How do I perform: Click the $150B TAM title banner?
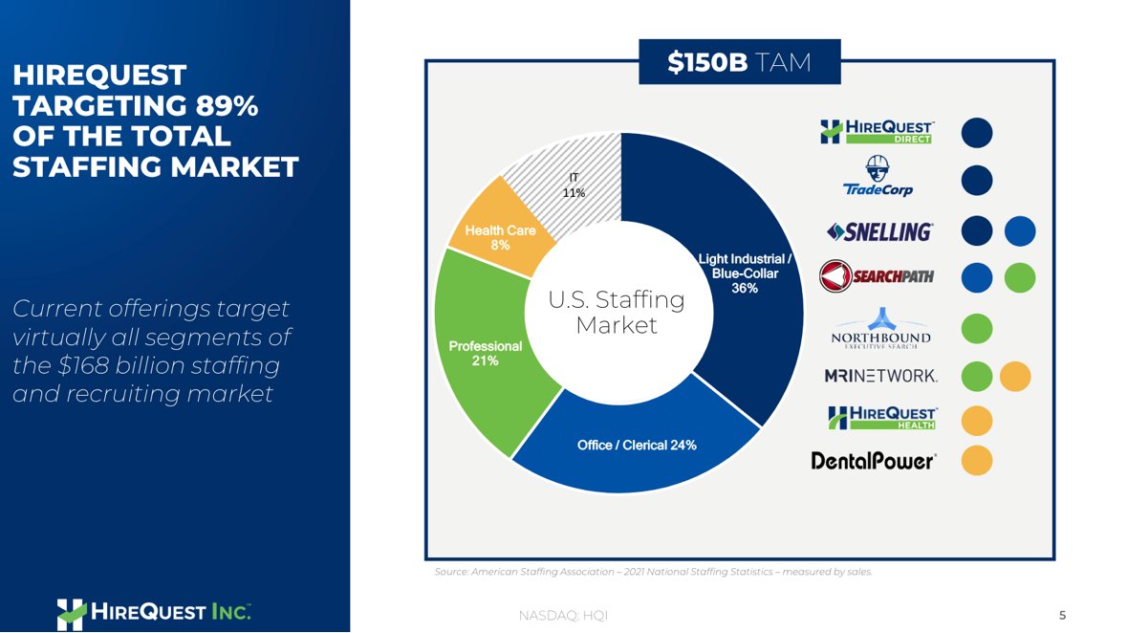coord(739,62)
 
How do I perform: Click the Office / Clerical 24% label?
coord(636,446)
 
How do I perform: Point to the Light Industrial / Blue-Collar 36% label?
coord(746,273)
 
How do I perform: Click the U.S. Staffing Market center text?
coord(617,313)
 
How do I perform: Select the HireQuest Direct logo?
coord(877,132)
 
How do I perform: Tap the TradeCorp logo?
coord(878,178)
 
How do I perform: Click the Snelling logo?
coord(878,231)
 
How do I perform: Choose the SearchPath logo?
coord(877,276)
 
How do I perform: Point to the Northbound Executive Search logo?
coord(880,327)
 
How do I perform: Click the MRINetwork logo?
coord(880,376)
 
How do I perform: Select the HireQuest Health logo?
coord(882,419)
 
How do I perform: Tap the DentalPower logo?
coord(873,461)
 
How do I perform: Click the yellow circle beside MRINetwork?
coord(1015,376)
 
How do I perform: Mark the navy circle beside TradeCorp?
coord(976,179)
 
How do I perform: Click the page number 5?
coord(1062,614)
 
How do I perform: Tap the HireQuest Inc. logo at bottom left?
coord(153,612)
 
